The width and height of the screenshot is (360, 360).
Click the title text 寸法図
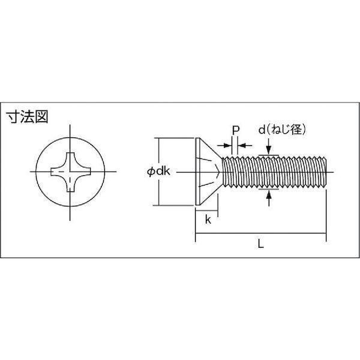[x=27, y=117]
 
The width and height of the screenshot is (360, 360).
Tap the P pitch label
[x=236, y=131]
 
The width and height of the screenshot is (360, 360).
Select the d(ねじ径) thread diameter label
[x=282, y=130]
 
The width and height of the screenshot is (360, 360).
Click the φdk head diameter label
[x=158, y=171]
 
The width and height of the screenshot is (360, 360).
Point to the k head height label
[x=208, y=220]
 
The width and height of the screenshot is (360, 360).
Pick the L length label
[x=260, y=244]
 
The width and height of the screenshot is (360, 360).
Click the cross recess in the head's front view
[x=71, y=172]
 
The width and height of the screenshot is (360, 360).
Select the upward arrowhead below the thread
[x=269, y=194]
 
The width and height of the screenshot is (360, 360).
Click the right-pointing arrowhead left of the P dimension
[x=227, y=145]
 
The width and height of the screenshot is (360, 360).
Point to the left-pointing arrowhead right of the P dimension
[x=242, y=145]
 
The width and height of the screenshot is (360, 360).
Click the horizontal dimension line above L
[x=260, y=233]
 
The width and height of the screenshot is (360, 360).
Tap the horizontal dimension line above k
[x=206, y=210]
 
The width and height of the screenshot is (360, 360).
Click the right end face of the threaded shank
[x=326, y=172]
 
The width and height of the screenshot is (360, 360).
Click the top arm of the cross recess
[x=70, y=159]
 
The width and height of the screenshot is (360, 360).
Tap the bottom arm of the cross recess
[x=70, y=185]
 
